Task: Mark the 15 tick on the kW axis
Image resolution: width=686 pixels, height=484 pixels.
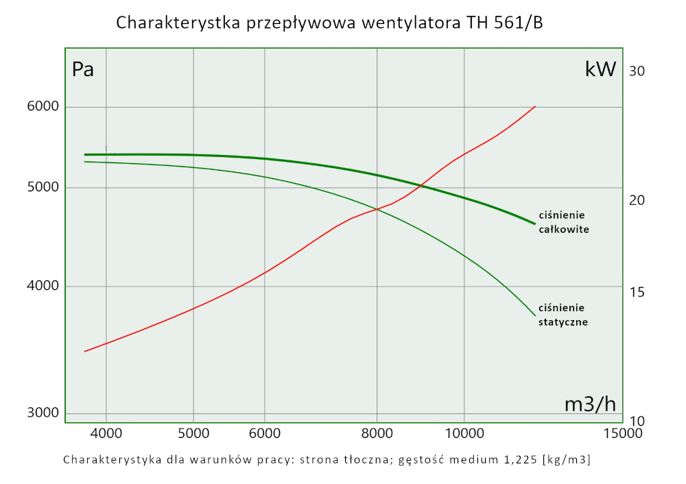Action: coord(639,292)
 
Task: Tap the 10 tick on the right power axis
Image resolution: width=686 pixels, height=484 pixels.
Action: coord(639,421)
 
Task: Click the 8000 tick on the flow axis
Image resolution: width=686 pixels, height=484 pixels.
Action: coord(377,434)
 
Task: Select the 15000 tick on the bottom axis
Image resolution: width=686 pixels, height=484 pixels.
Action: coord(619,434)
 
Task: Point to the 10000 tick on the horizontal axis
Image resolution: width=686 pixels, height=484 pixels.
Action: coord(464,434)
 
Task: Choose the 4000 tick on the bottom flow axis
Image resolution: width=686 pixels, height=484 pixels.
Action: coord(106,434)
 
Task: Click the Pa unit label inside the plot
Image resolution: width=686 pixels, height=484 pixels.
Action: coord(83,69)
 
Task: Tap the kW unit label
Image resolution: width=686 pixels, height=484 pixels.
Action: coord(600,69)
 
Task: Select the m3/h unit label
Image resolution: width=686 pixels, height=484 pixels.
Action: coord(590,404)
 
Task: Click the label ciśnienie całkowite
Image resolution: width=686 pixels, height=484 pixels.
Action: coord(564,222)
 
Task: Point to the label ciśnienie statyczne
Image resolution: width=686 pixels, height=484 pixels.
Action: coord(563,314)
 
